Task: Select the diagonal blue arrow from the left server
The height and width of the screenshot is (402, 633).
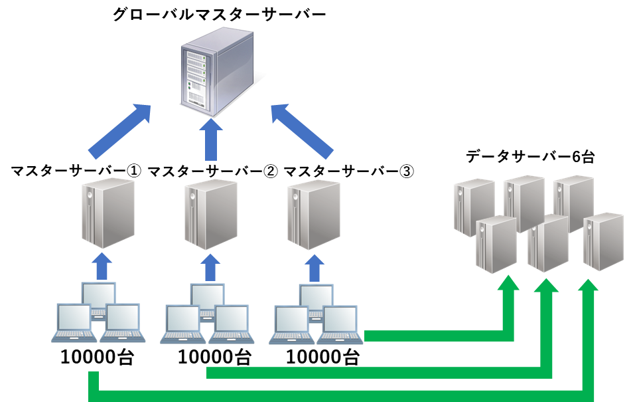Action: tap(120, 131)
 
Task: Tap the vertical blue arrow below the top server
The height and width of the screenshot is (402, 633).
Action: tap(211, 140)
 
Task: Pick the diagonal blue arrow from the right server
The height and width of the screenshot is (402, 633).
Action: tap(301, 131)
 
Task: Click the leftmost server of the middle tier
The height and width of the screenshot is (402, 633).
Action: tap(108, 213)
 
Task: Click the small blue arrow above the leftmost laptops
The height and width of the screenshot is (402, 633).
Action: tap(102, 266)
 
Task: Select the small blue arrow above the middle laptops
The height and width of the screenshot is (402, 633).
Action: tap(211, 266)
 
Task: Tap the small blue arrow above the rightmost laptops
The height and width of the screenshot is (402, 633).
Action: tap(316, 266)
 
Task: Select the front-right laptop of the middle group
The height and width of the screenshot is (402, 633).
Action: tap(231, 324)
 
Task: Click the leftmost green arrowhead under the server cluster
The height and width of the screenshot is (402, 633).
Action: tap(509, 284)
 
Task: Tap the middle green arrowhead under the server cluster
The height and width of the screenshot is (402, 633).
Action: tap(547, 284)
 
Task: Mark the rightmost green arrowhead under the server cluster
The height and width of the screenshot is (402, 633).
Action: tap(588, 284)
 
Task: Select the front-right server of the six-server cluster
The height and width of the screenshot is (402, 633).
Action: tap(603, 241)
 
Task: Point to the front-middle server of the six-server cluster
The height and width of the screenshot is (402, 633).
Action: tap(548, 245)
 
